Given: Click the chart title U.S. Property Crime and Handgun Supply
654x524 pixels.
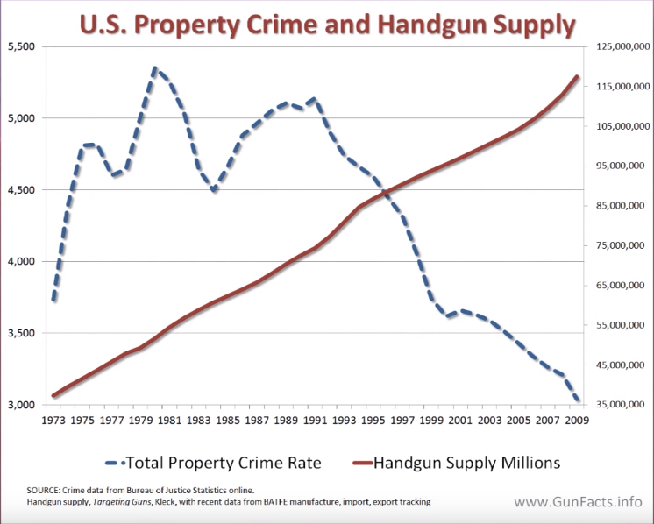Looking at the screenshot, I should (x=326, y=25).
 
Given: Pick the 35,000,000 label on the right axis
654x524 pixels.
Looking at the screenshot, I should (x=621, y=406).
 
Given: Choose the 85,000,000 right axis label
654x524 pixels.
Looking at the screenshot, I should (x=621, y=206).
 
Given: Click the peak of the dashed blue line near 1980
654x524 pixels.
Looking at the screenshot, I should (x=155, y=68).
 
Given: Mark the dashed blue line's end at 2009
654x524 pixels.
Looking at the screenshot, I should (x=577, y=400).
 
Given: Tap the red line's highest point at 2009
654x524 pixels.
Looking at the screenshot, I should (x=577, y=77).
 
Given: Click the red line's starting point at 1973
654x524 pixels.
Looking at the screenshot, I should (x=54, y=396).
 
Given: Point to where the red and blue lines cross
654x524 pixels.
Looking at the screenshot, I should (x=386, y=191).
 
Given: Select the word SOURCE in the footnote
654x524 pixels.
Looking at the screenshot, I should (x=43, y=489).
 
